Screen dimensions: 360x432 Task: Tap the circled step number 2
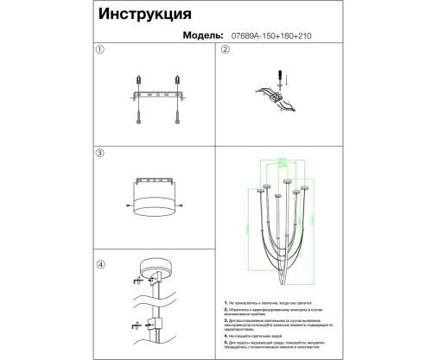coord(226,50)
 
